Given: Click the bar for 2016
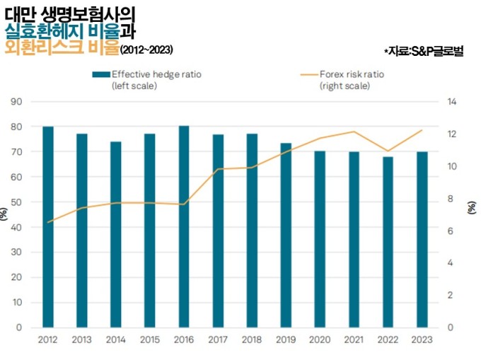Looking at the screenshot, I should pyautogui.click(x=184, y=226).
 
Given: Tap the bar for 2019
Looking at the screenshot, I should pyautogui.click(x=286, y=235).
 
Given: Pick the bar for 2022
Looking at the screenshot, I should pyautogui.click(x=388, y=242).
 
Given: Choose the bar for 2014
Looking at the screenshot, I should pyautogui.click(x=116, y=234).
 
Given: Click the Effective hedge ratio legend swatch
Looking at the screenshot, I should pyautogui.click(x=100, y=74).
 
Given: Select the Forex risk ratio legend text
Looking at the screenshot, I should pyautogui.click(x=351, y=74).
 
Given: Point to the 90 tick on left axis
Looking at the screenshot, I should pyautogui.click(x=17, y=102).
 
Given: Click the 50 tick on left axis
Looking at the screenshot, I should pyautogui.click(x=17, y=202).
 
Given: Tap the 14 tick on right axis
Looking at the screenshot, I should pyautogui.click(x=453, y=102).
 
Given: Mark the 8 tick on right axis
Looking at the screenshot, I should pyautogui.click(x=453, y=199).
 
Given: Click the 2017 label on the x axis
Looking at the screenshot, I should pyautogui.click(x=218, y=339).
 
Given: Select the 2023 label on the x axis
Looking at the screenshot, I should pyautogui.click(x=422, y=339).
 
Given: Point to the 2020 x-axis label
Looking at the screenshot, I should pyautogui.click(x=320, y=339).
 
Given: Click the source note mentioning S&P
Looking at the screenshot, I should pyautogui.click(x=423, y=52).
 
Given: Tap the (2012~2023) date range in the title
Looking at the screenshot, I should pyautogui.click(x=146, y=50).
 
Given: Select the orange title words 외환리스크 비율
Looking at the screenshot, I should pyautogui.click(x=59, y=48).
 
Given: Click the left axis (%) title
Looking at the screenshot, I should pyautogui.click(x=4, y=214).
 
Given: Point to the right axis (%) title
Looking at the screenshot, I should pyautogui.click(x=472, y=207).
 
